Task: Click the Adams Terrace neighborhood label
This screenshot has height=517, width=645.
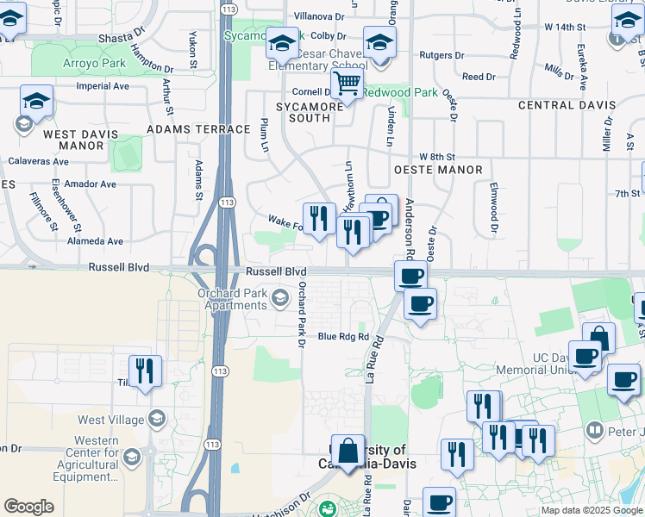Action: point(198,129)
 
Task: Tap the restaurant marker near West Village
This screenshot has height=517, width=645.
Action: point(145,372)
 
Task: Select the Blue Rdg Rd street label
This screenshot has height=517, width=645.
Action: point(343,337)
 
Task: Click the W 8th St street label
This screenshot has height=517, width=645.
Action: point(436,157)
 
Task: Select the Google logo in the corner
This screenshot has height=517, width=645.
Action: point(28,506)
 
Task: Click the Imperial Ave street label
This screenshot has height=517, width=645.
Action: point(103,86)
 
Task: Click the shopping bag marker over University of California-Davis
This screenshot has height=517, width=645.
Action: point(348,451)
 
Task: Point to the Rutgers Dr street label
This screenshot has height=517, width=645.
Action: point(441,55)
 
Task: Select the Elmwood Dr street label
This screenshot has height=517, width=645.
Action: point(494,207)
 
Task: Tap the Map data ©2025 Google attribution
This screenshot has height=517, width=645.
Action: point(592,510)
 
